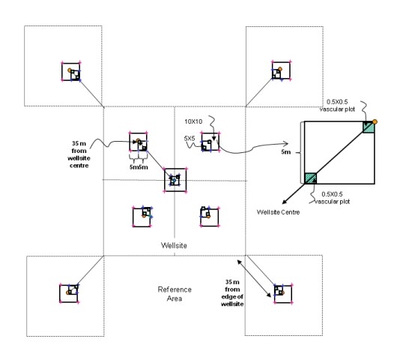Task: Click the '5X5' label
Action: pos(191,138)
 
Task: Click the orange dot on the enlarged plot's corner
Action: pos(374,121)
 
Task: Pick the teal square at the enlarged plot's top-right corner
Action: pos(368,127)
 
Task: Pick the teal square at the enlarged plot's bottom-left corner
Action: pos(310,178)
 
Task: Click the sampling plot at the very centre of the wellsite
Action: pos(175,179)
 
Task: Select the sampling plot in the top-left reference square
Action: pos(72,72)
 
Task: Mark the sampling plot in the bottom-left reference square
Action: pos(71,292)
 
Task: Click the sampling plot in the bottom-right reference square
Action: pos(282,292)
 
